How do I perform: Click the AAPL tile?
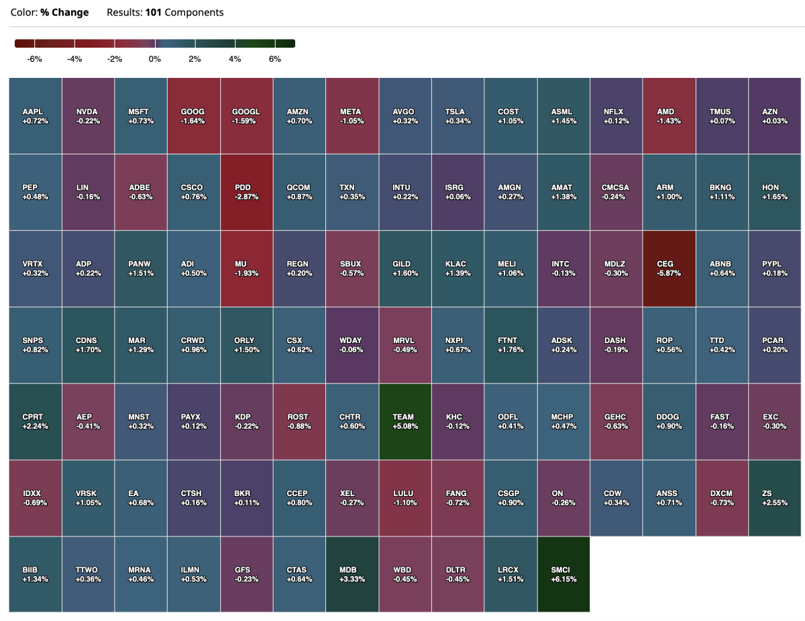point(35,115)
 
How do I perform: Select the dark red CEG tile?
point(669,269)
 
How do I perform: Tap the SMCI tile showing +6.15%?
point(563,574)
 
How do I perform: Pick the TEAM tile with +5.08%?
point(405,421)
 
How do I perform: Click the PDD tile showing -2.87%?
point(246,192)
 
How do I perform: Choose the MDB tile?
point(352,574)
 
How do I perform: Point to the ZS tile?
point(774,497)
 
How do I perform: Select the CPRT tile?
point(35,421)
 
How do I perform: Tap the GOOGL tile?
point(246,115)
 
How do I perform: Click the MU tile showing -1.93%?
point(246,269)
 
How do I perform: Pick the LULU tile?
point(405,497)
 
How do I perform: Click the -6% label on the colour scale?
point(34,59)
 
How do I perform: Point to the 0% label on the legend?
point(155,59)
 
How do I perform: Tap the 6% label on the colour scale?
point(275,59)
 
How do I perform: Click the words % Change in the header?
point(64,13)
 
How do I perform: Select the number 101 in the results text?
point(153,13)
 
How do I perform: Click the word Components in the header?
point(194,13)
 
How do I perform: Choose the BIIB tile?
point(35,574)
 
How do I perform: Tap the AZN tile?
point(774,115)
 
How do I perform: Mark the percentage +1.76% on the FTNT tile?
point(510,350)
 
